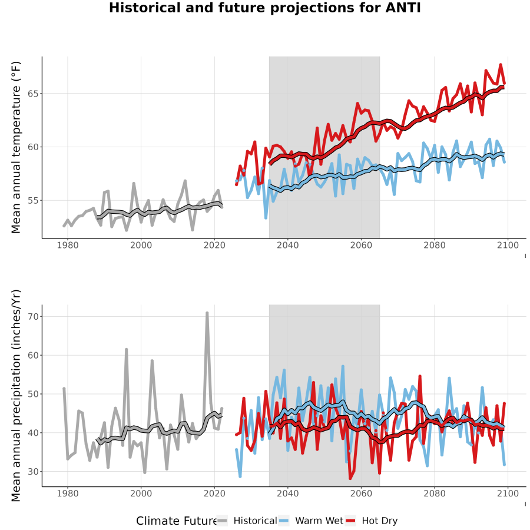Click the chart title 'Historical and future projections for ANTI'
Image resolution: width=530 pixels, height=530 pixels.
click(264, 8)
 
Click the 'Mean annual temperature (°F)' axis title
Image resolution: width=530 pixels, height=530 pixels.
click(16, 147)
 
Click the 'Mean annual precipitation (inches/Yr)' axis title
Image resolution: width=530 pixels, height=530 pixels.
click(16, 396)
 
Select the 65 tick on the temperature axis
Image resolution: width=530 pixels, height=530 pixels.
click(33, 94)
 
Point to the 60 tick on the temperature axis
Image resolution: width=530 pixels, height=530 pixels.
click(33, 147)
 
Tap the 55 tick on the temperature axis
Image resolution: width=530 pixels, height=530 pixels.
click(33, 200)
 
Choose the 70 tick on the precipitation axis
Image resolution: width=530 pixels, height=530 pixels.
click(33, 317)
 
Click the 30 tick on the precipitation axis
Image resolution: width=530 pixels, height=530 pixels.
click(33, 472)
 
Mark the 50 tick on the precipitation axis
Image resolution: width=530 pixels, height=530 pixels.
click(33, 394)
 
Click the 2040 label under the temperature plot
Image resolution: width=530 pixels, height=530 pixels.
click(287, 246)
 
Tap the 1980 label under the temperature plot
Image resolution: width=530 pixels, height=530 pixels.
click(68, 246)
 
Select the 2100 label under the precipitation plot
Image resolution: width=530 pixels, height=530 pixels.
click(508, 493)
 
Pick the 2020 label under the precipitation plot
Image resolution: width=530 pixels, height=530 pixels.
click(214, 493)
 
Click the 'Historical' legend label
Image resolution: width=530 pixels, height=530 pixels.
click(255, 521)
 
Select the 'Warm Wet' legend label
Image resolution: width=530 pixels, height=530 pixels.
click(319, 521)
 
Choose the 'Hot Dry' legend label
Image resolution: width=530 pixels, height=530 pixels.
click(380, 521)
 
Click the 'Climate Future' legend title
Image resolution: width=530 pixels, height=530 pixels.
click(177, 521)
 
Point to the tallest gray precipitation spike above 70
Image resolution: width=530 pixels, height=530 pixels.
click(207, 313)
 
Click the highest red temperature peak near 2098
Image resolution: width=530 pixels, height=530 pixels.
click(501, 65)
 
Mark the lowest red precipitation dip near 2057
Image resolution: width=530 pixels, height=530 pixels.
click(350, 478)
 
